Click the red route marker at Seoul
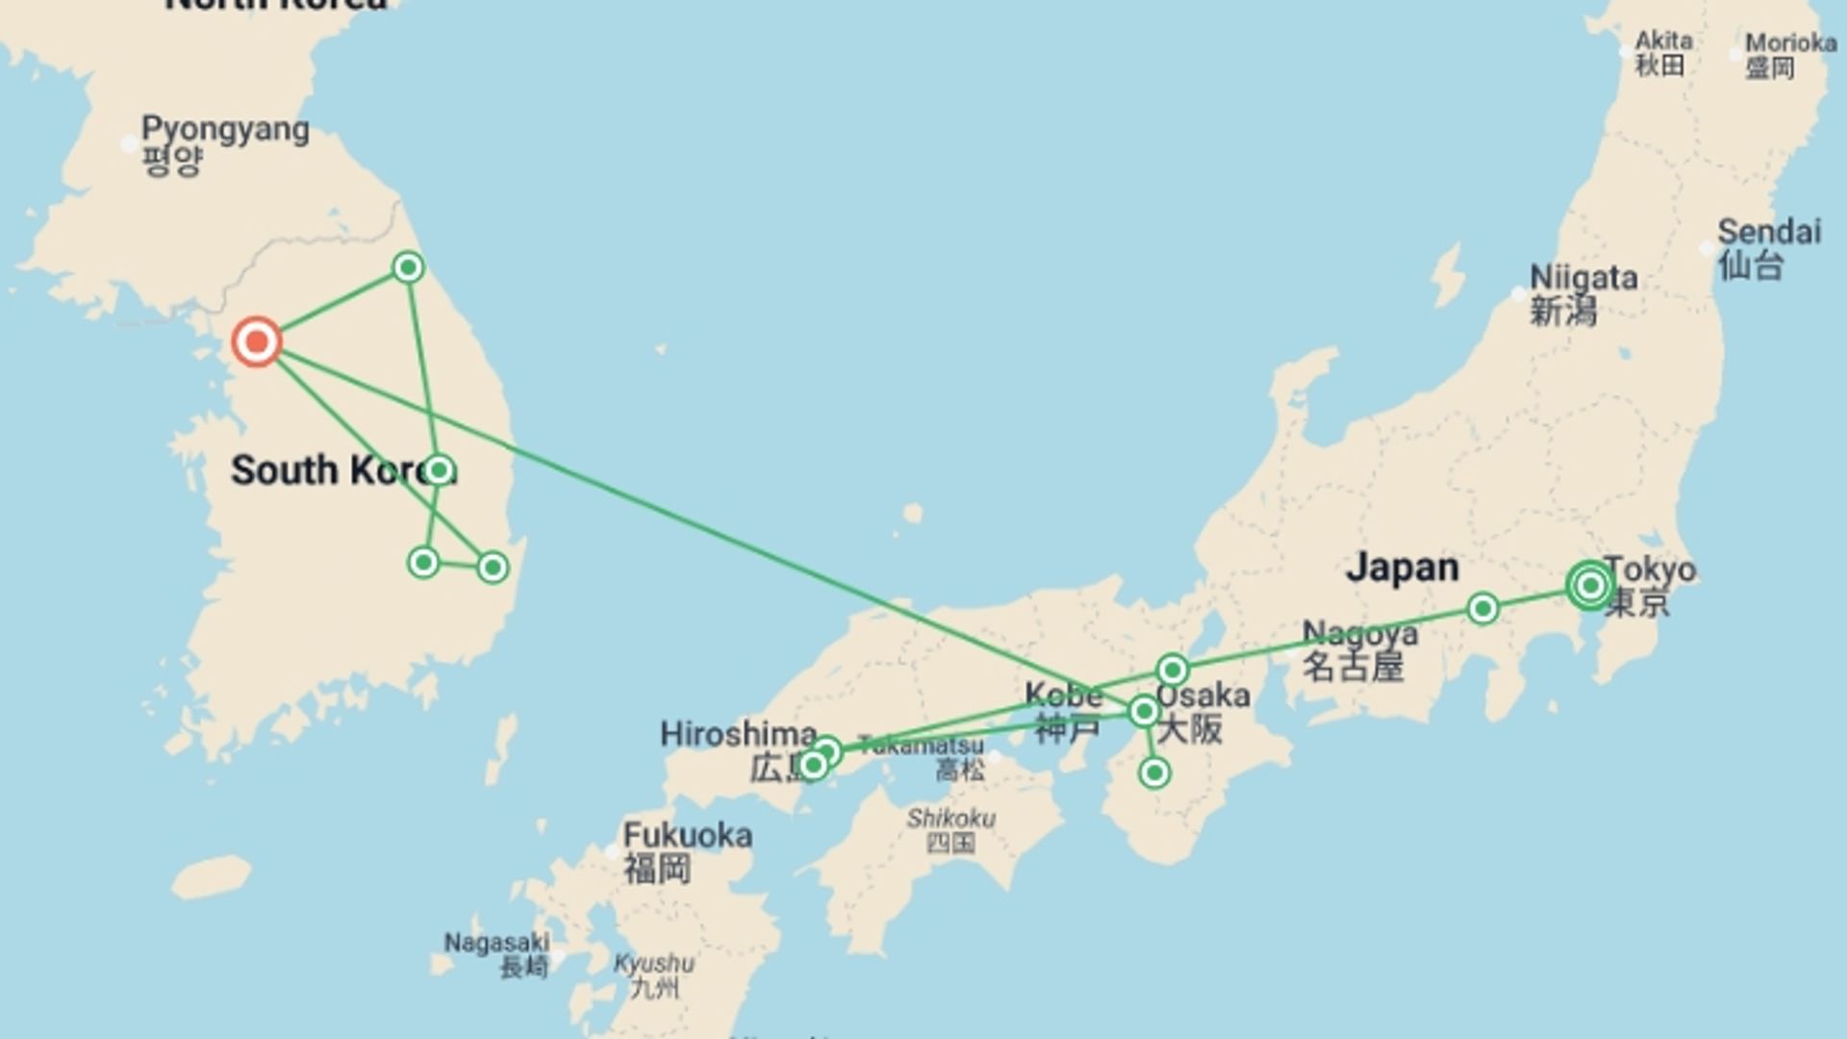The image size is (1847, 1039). point(257,342)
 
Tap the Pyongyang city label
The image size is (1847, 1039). point(224,143)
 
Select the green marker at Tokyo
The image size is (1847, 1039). point(1589,585)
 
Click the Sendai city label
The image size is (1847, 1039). point(1768,247)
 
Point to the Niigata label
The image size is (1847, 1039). point(1582,293)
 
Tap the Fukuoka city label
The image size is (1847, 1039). point(687,850)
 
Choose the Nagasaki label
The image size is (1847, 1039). point(497,952)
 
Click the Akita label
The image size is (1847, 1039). point(1663,52)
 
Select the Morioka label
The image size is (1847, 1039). point(1790,54)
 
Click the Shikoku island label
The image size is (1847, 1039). point(950,829)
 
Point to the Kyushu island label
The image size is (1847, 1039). point(654,974)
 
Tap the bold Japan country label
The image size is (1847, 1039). point(1402,567)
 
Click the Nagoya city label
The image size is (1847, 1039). point(1358,649)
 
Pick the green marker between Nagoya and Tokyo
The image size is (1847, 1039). point(1482,608)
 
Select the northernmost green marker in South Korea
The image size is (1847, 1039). point(408,266)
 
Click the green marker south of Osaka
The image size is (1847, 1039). point(1153,773)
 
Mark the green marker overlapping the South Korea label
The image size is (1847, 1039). point(439,470)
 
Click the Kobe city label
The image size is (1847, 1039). point(1063,710)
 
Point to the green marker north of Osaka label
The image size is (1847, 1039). point(1172,670)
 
